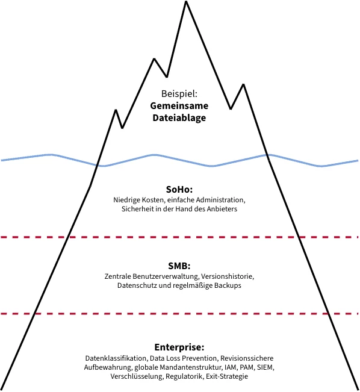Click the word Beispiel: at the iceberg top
tap(179, 94)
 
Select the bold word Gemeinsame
tap(179, 106)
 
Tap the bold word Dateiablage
tap(179, 118)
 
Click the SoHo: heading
tap(179, 190)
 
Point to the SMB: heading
tap(179, 266)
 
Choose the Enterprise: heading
tap(179, 347)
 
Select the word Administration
tap(220, 200)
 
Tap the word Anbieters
tap(222, 209)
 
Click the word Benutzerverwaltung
tap(166, 276)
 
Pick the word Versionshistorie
tap(228, 276)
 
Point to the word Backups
tap(228, 285)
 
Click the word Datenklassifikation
tap(116, 358)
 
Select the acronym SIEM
tap(265, 367)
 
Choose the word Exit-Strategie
tap(227, 376)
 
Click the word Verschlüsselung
tap(137, 376)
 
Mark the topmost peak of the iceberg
tap(186, 1)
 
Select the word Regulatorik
tap(185, 376)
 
